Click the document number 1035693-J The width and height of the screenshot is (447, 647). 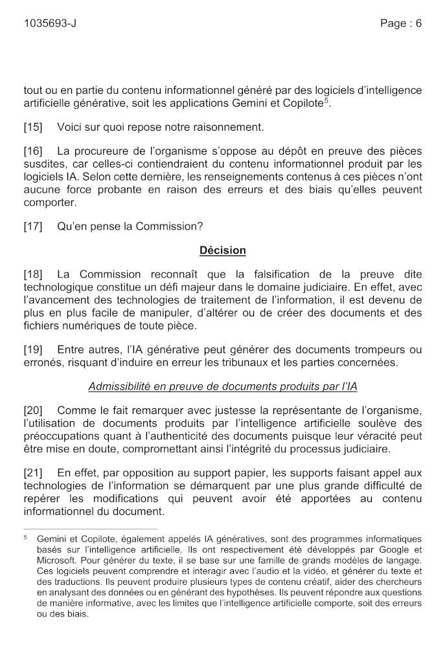pos(50,24)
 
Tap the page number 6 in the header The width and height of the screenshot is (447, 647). pos(418,24)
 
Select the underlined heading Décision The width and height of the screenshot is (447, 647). pos(222,250)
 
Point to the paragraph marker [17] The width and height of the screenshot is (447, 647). pos(33,226)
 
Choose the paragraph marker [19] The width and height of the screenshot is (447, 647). pos(33,349)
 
